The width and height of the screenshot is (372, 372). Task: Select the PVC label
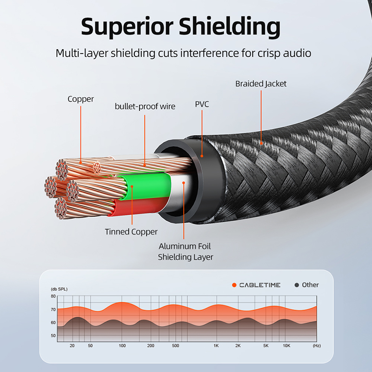pos(202,104)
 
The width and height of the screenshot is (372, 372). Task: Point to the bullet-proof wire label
pos(145,106)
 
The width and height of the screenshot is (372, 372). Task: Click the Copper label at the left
pos(80,99)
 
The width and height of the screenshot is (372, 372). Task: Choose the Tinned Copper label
pos(131,232)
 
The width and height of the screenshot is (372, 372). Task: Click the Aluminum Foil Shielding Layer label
pos(186,252)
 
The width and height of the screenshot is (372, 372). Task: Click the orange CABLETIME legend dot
pos(234,285)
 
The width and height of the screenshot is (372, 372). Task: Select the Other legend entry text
pos(310,285)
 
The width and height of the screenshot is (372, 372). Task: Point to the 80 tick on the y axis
pos(53,296)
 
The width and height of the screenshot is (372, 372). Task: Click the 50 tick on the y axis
pos(53,336)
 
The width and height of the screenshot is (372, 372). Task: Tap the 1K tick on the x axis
pos(216,346)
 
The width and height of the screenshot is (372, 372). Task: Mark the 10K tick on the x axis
pos(287,346)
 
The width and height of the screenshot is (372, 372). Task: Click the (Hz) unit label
pos(317,346)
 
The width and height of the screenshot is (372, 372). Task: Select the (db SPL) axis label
pos(59,289)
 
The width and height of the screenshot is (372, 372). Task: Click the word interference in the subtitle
pos(206,53)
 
